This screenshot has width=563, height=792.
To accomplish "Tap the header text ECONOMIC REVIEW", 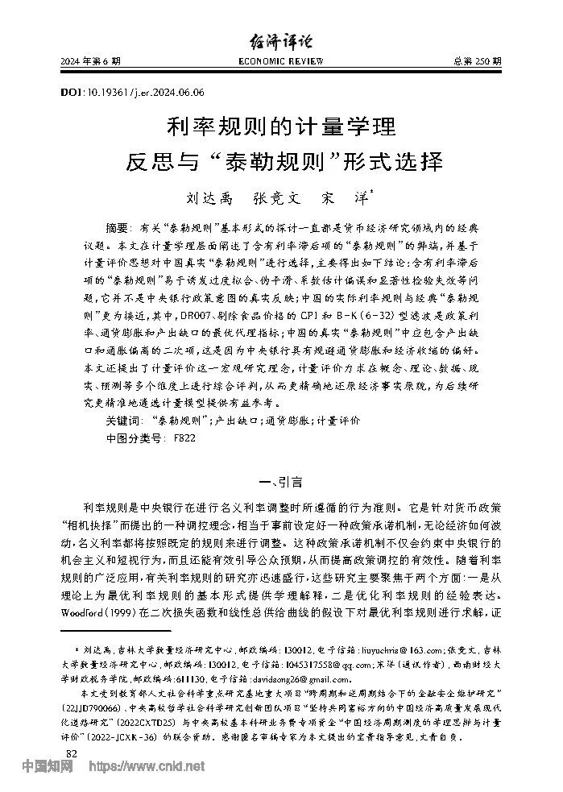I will point(281,62).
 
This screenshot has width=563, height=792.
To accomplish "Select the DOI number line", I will point(132,93).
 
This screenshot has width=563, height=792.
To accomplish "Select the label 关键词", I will point(123,421).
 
